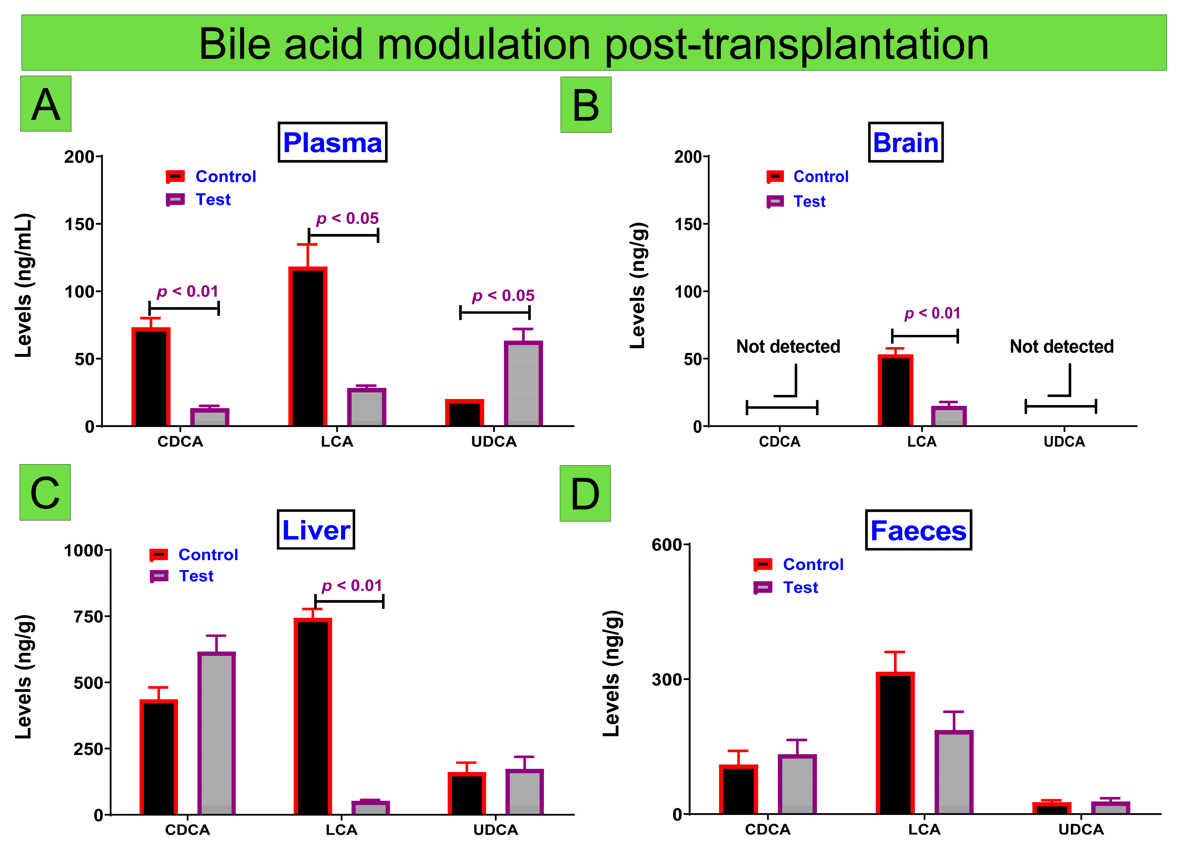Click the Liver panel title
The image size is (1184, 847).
[316, 530]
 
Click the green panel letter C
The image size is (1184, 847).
[45, 492]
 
